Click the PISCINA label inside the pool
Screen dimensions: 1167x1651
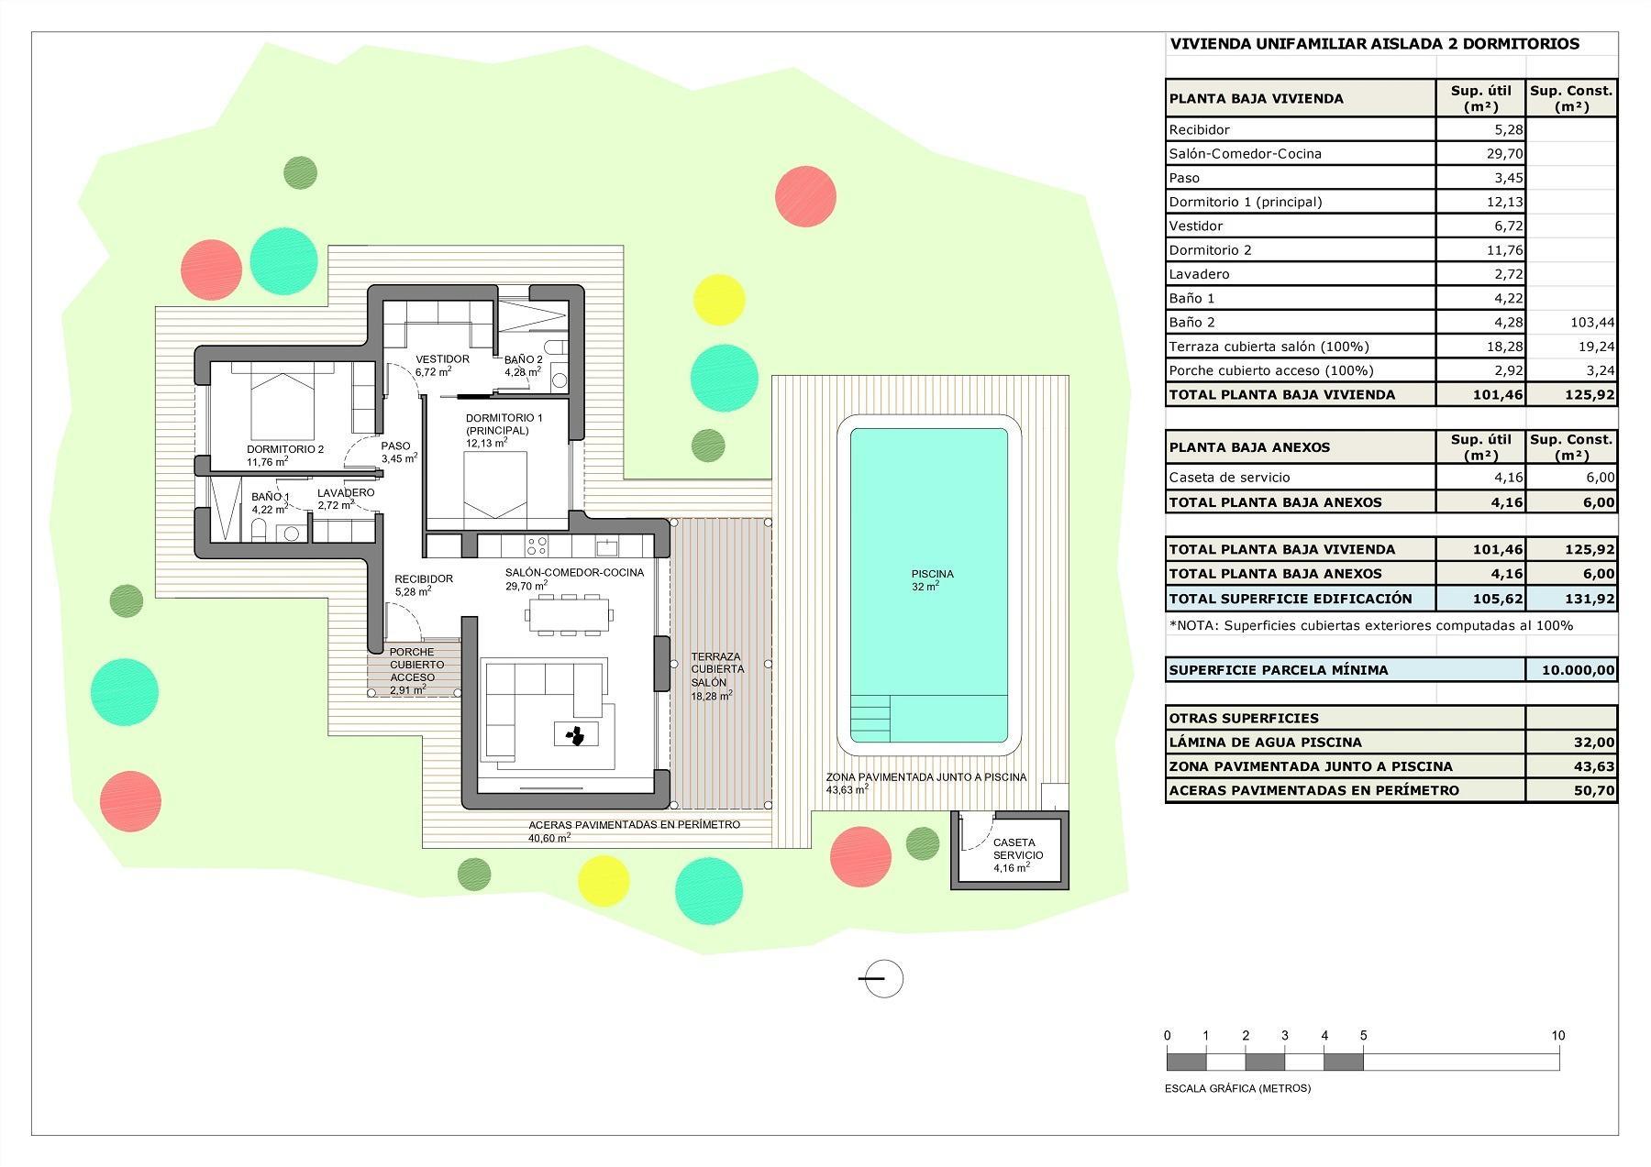[932, 574]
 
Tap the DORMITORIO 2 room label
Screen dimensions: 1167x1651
[285, 449]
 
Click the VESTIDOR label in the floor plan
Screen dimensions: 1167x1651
[442, 359]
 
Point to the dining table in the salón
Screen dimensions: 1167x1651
[568, 614]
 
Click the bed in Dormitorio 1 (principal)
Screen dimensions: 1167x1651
[494, 486]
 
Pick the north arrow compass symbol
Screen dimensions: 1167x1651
[883, 978]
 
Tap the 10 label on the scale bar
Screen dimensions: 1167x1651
[1558, 1036]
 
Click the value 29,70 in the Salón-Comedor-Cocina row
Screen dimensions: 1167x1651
[1505, 154]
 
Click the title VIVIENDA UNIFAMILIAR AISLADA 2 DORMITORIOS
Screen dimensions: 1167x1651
[1374, 44]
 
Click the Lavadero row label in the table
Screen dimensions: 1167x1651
[1199, 274]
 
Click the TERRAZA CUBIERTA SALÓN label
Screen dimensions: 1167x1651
[716, 669]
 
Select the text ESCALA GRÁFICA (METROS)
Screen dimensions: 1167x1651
[1237, 1088]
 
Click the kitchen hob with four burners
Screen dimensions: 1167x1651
[537, 546]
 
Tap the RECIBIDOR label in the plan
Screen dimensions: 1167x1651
[424, 579]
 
